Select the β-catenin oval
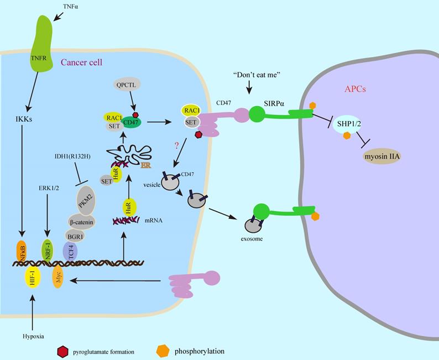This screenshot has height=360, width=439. (x=81, y=222)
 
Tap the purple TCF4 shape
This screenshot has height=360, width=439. (x=70, y=253)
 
